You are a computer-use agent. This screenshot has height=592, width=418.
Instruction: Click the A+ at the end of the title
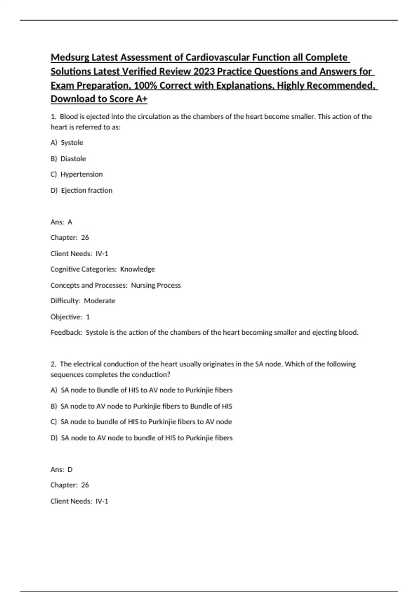pos(141,99)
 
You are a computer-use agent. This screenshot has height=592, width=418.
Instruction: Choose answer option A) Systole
pos(67,143)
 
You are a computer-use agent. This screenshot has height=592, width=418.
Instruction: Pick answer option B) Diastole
pos(68,159)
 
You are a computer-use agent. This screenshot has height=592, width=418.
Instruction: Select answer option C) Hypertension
pos(77,174)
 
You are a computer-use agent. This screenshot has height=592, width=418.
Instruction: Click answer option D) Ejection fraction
pos(82,190)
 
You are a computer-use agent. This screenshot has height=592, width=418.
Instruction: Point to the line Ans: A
pos(61,222)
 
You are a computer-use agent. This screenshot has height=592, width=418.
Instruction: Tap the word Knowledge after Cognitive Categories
pos(137,269)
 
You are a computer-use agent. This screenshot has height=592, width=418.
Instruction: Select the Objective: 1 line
pos(70,317)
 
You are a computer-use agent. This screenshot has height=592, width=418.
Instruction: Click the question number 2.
pos(53,364)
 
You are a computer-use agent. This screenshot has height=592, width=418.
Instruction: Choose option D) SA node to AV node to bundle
pos(141,438)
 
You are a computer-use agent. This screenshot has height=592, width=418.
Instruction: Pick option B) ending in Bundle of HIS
pos(141,406)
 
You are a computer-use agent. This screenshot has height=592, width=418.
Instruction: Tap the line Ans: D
pos(62,470)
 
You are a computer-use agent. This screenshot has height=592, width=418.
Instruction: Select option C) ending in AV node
pos(141,422)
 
